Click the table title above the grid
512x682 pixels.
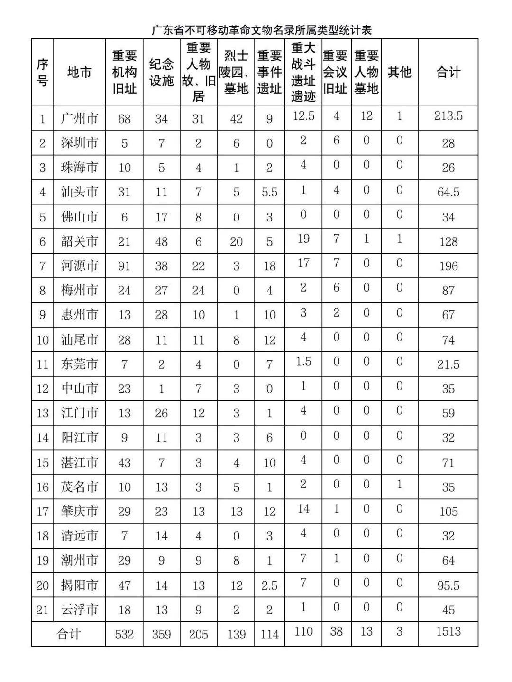coord(262,30)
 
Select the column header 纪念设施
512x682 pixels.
coord(161,72)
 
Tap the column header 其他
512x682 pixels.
coord(399,72)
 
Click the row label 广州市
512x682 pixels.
coord(79,118)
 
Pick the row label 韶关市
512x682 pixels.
coord(79,241)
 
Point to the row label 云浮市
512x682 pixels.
coord(79,610)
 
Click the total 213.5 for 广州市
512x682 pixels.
coord(448,116)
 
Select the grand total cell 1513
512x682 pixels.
coord(448,631)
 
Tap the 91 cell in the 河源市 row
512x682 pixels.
coord(124,266)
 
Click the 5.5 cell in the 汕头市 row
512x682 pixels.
coord(269,193)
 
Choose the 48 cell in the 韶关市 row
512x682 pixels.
coord(161,242)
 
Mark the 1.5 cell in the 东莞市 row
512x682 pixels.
coord(303,362)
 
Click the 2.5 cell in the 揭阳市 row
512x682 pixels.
coord(269,585)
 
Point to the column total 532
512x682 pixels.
coord(124,634)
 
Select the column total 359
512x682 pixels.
coord(161,634)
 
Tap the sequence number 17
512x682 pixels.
coord(43,512)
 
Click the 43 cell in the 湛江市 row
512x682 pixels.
coord(124,463)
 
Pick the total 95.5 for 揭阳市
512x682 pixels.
coord(448,585)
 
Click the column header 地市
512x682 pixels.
coord(79,72)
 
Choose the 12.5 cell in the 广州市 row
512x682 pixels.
coord(303,116)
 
